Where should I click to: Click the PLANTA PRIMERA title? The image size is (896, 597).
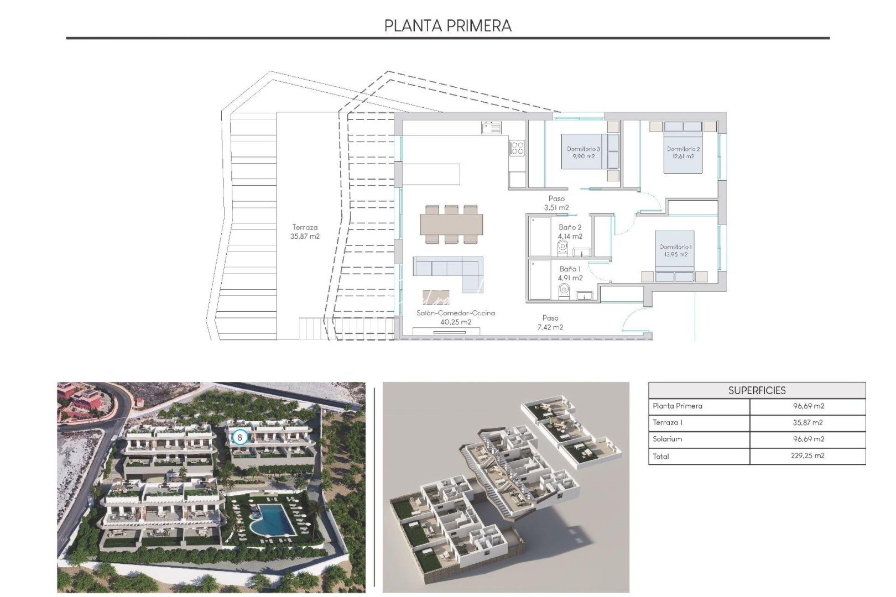pos(447,25)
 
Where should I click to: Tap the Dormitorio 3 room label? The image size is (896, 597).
pos(583,153)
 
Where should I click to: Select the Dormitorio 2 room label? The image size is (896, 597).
pos(683,153)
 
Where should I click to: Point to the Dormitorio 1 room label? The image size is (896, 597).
pos(675,250)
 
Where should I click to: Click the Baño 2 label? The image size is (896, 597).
pos(570,232)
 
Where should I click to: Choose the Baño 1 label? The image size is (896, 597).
pos(570,273)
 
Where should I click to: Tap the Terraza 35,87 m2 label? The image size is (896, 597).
pos(305,232)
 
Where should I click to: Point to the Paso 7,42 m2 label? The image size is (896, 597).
pos(550,322)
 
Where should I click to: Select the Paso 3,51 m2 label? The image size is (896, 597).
pos(556,203)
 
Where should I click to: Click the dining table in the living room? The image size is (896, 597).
pos(451,224)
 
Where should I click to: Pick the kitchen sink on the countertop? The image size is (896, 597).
pos(491,128)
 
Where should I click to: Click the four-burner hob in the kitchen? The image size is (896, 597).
pos(517,148)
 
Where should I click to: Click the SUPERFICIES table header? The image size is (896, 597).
pos(757,390)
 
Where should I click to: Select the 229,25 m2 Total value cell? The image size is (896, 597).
pos(808,456)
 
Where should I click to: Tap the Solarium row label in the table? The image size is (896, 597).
pos(667,439)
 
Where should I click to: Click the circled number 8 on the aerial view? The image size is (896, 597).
pos(239,437)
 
